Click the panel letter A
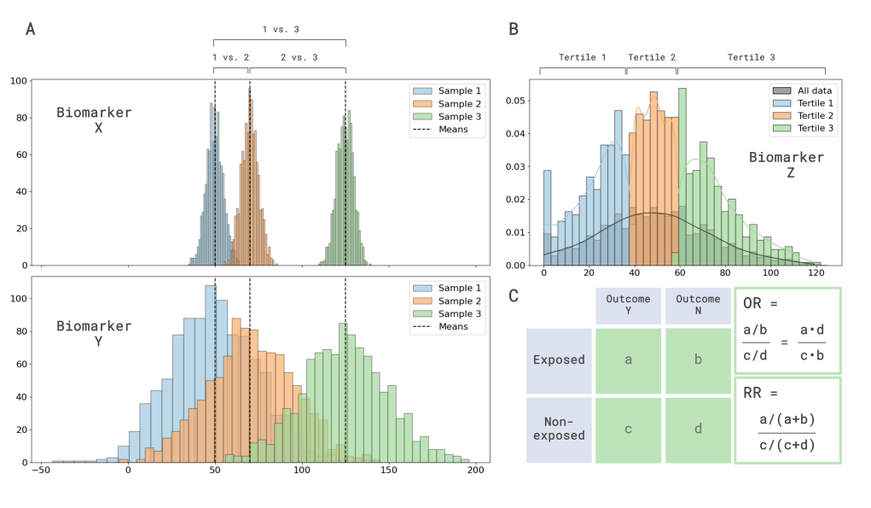pos(31,30)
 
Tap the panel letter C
pos(514,296)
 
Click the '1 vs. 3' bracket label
pos(280,29)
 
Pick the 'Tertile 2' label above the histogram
pos(652,57)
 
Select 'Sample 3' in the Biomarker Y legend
pos(461,313)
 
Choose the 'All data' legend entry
pos(814,90)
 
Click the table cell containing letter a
pos(628,360)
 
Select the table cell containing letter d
pos(698,429)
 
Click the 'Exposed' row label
pos(560,360)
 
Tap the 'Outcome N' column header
pos(698,304)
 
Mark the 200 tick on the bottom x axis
pos(476,470)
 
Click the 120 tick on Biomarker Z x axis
pos(816,274)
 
